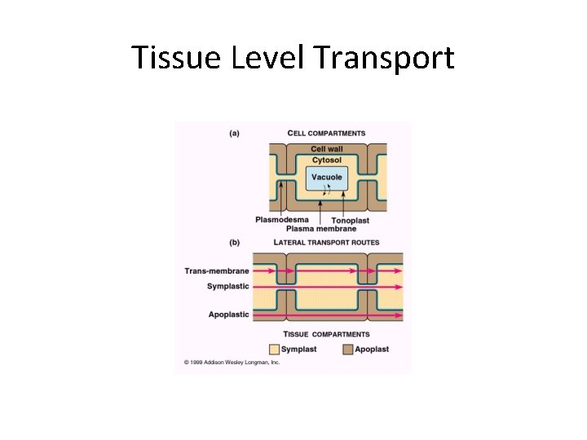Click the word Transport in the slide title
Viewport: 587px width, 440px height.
click(383, 58)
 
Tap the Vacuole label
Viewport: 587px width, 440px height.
click(327, 177)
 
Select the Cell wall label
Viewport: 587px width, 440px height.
click(328, 149)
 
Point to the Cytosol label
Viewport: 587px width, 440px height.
click(328, 160)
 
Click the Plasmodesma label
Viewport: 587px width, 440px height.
click(282, 219)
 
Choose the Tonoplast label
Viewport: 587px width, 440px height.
click(350, 220)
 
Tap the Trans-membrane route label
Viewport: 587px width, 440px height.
click(218, 270)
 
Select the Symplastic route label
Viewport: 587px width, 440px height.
click(228, 286)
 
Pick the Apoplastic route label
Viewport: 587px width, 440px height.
click(229, 315)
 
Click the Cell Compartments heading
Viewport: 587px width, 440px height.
click(327, 133)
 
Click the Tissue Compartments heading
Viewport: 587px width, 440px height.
click(326, 334)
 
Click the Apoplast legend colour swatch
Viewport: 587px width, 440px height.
click(347, 349)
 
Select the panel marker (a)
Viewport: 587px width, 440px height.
click(234, 133)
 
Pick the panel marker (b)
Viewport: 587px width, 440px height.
click(234, 242)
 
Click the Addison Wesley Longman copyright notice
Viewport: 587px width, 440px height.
click(232, 363)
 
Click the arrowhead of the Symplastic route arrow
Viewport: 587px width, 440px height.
click(399, 287)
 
